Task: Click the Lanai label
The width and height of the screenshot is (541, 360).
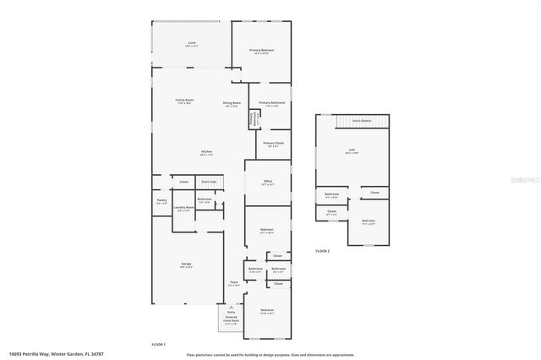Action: [191, 42]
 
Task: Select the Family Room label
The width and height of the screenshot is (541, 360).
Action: [184, 101]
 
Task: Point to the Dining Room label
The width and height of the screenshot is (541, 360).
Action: [232, 103]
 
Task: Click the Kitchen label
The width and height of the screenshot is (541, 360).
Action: [206, 152]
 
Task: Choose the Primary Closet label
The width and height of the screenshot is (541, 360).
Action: [273, 144]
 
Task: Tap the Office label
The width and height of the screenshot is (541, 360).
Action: [267, 182]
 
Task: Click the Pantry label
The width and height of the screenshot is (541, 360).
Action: [161, 201]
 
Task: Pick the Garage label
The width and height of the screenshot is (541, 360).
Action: [185, 265]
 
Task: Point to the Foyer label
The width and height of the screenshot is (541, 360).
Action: [234, 282]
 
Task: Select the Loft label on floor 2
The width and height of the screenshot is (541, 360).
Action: [352, 150]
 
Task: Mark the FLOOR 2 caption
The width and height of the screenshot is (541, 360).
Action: [323, 251]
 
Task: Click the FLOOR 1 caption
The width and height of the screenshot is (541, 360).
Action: [158, 344]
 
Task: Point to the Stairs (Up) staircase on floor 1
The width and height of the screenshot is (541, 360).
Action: [209, 182]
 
